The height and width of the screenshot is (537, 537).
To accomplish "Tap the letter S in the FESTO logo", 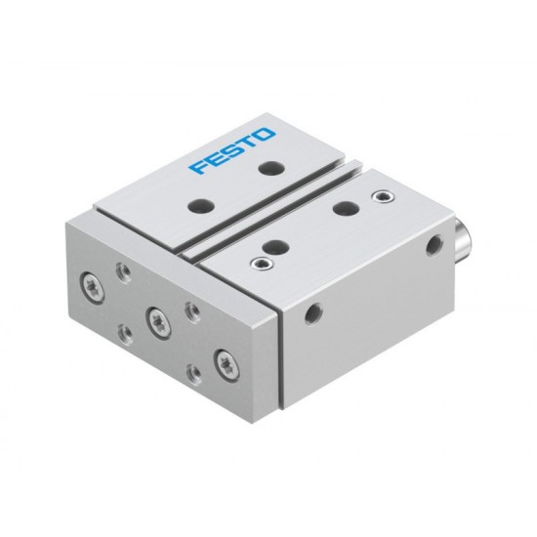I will point(231,150).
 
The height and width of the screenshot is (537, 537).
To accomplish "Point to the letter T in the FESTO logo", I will point(248,142).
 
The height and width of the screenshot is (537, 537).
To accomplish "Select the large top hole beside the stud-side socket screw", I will point(344,207).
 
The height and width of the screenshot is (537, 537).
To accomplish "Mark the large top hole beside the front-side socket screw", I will point(275,245).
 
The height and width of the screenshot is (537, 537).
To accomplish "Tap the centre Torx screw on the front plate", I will point(155,315).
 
